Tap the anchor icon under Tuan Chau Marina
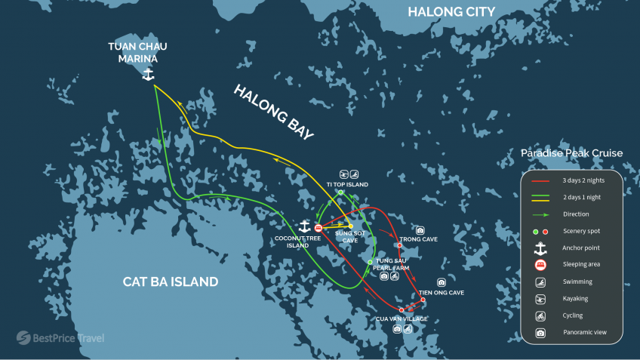tap(148, 75)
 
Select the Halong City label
tap(451, 11)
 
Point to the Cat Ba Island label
tap(171, 282)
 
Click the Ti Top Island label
tap(347, 184)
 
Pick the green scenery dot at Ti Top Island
tap(341, 192)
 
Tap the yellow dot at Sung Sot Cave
tap(351, 226)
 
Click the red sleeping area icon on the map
tap(318, 227)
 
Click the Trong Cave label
tap(418, 239)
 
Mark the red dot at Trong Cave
tap(399, 245)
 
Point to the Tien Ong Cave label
tap(442, 292)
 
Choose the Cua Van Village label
tap(402, 318)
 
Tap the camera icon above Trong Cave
tap(420, 230)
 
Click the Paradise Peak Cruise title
tap(571, 153)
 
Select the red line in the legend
tap(540, 181)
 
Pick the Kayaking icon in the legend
tap(540, 298)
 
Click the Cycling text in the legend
tap(572, 315)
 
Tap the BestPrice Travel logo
tap(60, 337)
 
